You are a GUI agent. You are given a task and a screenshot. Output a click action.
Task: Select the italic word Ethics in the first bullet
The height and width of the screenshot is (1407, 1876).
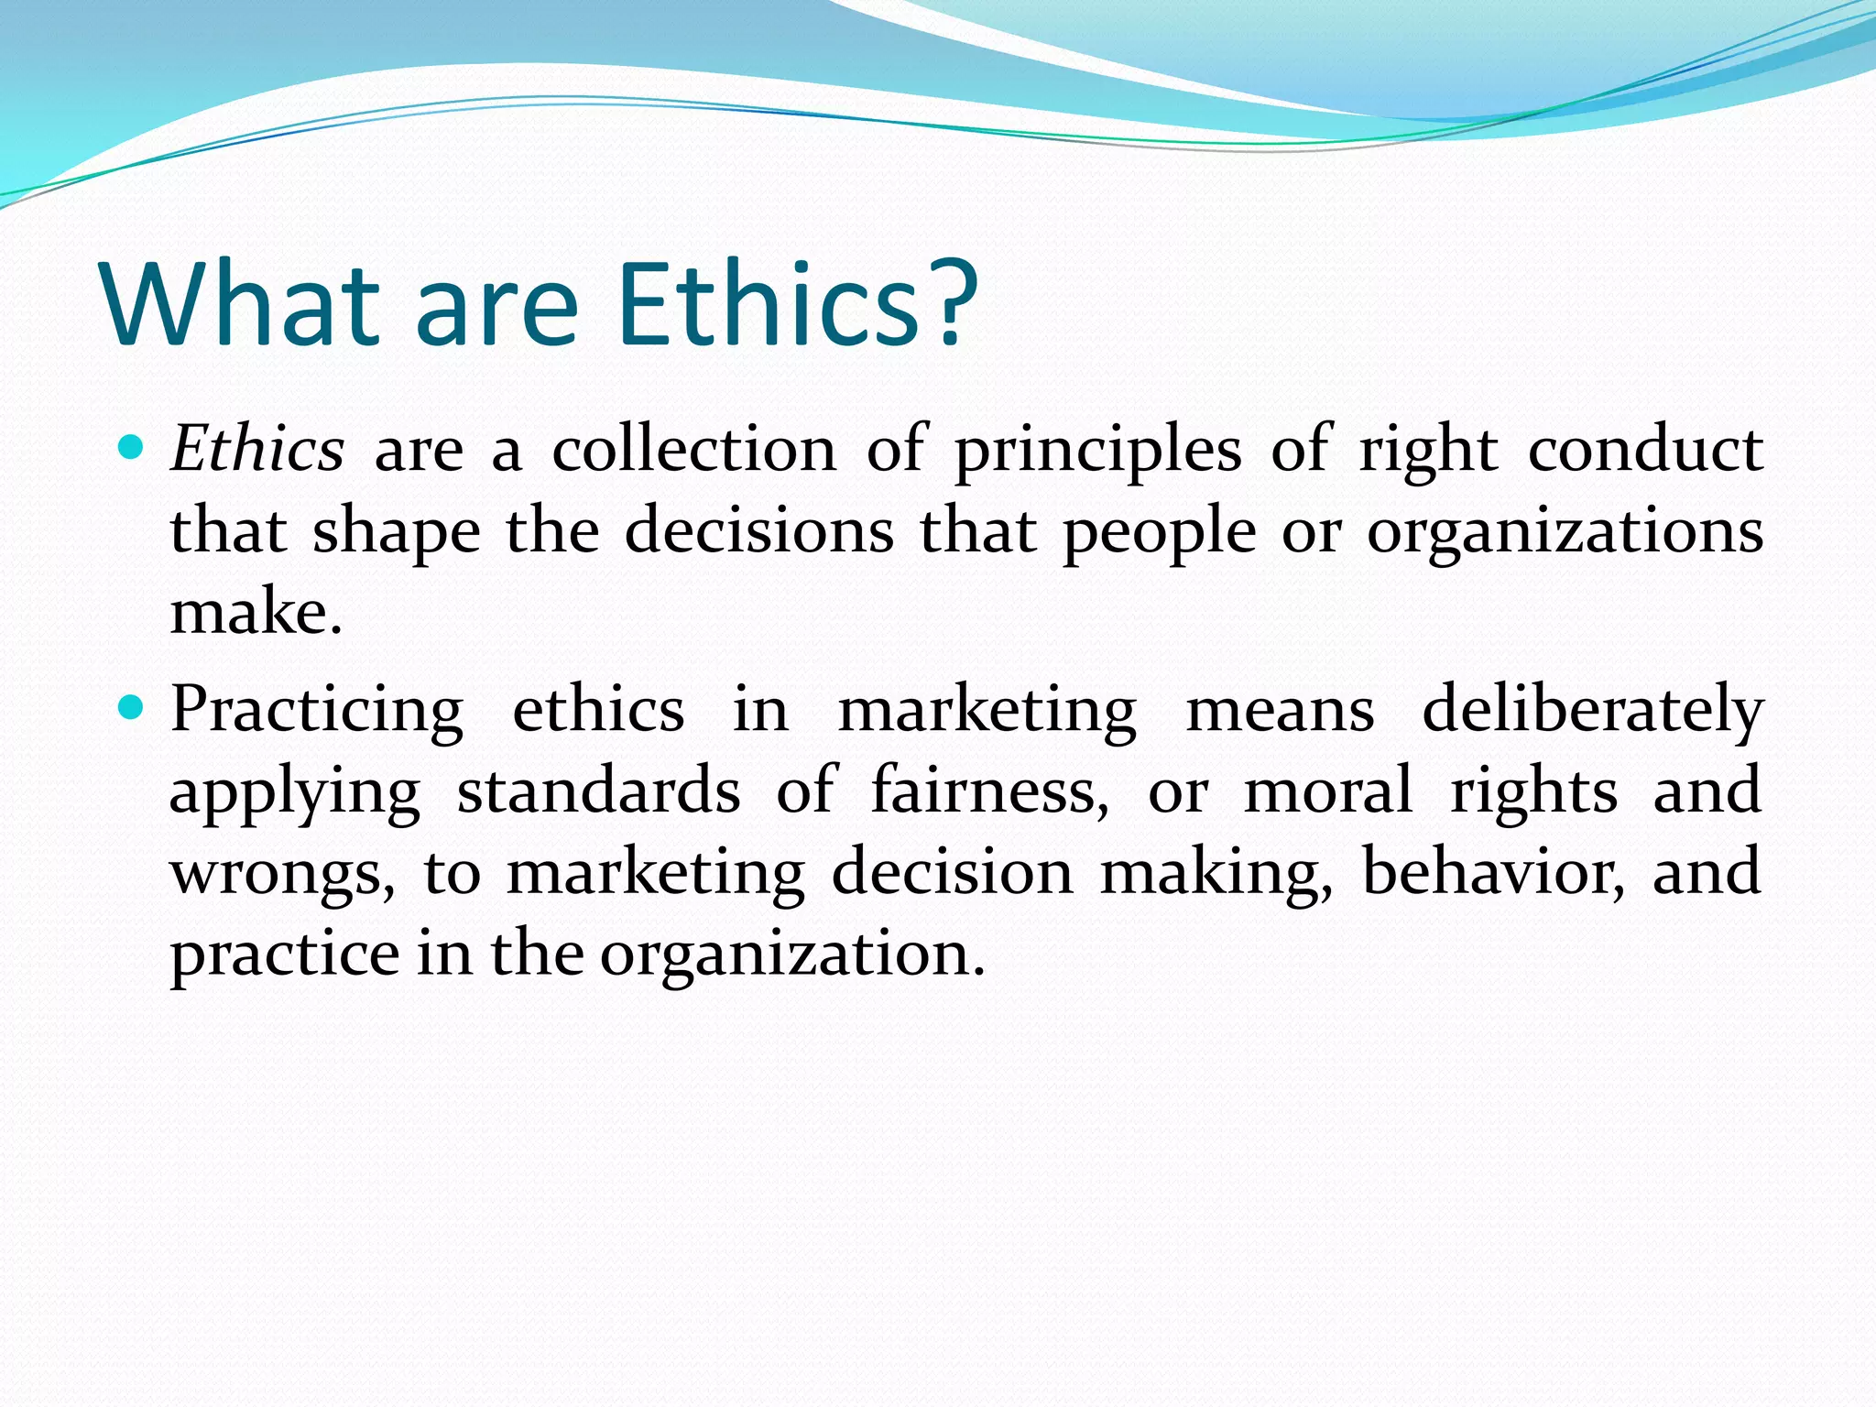click(x=257, y=450)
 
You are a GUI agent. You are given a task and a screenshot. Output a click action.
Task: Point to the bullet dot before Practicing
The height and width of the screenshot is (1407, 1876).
click(x=132, y=707)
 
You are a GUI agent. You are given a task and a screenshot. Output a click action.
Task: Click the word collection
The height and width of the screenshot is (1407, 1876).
click(x=693, y=450)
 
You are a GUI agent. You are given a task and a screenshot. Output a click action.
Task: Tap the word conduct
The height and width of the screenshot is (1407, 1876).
click(x=1645, y=450)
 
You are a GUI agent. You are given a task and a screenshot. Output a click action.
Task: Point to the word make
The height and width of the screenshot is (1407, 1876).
click(x=256, y=613)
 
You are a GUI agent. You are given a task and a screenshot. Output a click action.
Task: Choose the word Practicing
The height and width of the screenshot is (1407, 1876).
click(x=317, y=711)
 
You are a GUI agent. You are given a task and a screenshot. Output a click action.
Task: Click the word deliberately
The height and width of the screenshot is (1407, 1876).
click(x=1592, y=711)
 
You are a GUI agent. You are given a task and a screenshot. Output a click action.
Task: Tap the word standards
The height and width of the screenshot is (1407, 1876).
click(x=598, y=790)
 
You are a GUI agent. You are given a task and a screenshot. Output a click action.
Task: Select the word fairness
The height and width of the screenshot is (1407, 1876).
click(x=988, y=790)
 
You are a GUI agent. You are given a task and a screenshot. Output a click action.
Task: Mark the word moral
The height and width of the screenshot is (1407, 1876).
click(x=1327, y=790)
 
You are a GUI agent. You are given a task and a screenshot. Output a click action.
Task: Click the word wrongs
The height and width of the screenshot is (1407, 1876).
click(x=282, y=873)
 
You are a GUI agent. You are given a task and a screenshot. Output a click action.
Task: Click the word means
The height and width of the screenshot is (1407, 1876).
click(x=1280, y=711)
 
